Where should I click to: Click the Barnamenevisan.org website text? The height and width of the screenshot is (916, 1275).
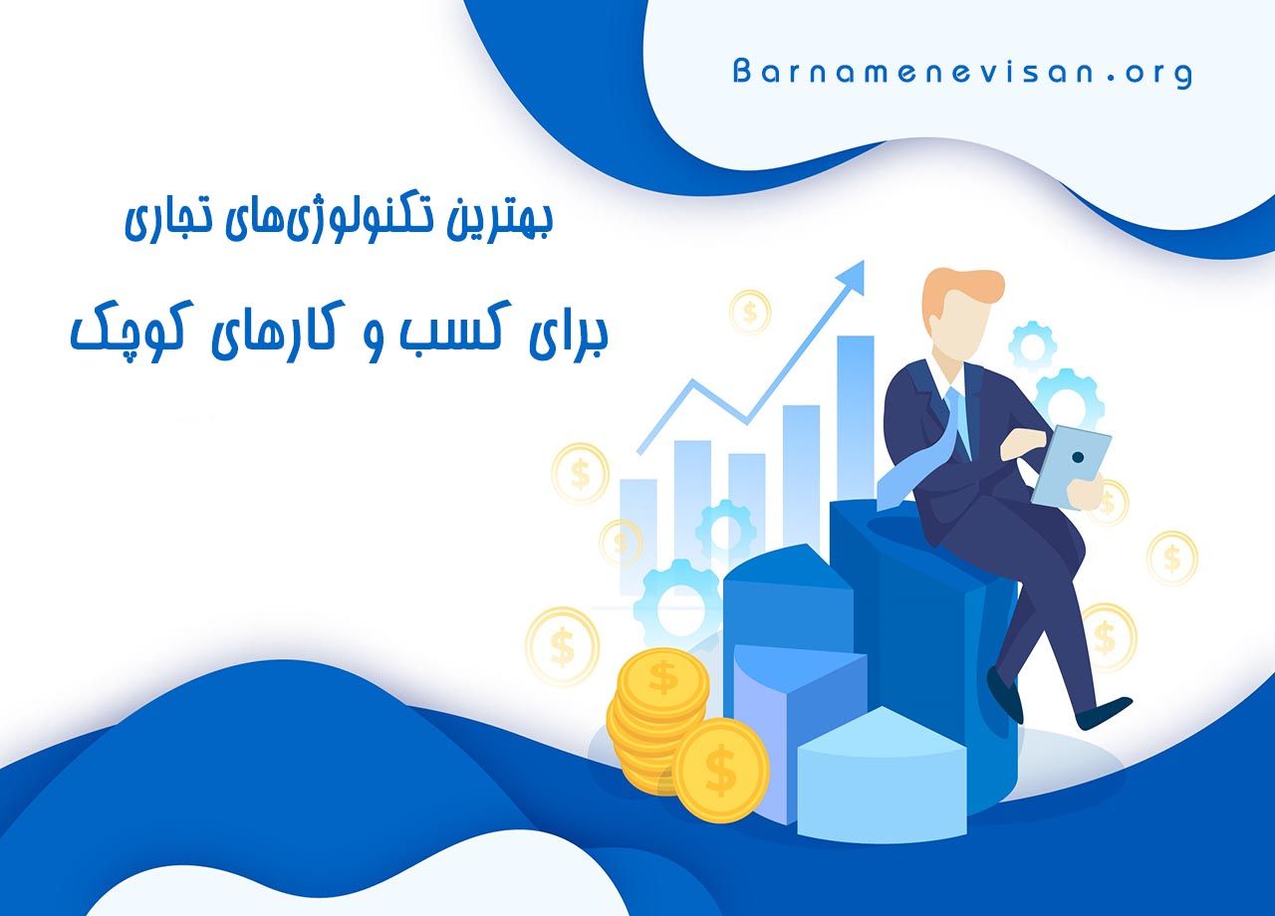[x=961, y=73]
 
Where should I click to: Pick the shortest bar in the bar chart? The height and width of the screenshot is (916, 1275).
[x=638, y=518]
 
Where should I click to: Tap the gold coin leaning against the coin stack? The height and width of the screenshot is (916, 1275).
[x=720, y=770]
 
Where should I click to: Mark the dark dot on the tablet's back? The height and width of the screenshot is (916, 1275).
[x=1078, y=457]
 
